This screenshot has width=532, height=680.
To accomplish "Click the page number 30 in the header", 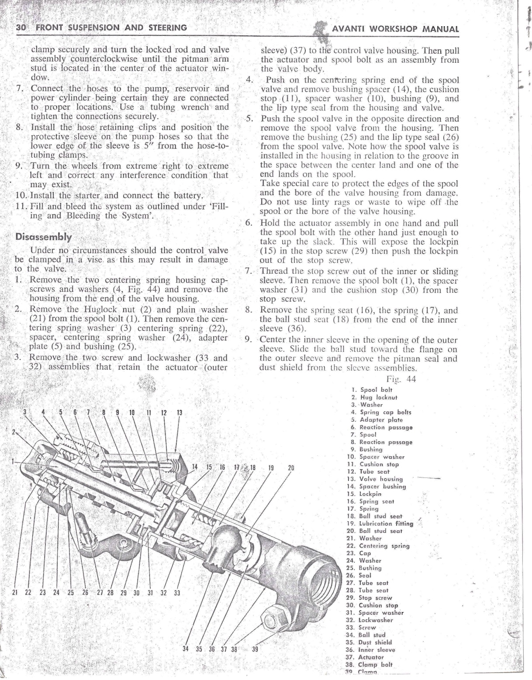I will click(21, 27).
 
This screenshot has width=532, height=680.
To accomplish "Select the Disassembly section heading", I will click(43, 237).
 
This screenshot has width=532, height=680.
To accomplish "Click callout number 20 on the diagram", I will click(290, 467).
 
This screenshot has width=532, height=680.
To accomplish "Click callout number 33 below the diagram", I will click(177, 593).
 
